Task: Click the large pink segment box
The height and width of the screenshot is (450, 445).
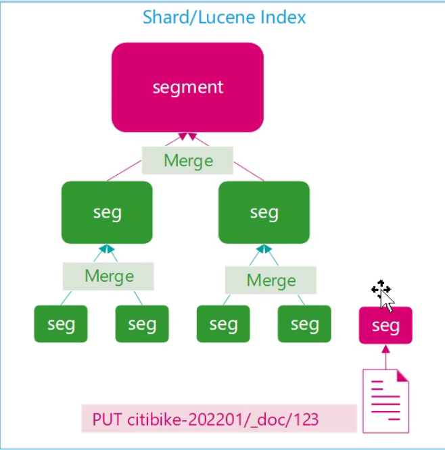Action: pos(187,87)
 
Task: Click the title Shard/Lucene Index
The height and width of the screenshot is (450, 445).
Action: pos(224,17)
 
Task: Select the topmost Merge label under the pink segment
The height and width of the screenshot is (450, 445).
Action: pos(188,161)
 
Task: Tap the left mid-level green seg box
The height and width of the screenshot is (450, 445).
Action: pos(107,212)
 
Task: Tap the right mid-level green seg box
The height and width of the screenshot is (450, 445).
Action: pos(264,212)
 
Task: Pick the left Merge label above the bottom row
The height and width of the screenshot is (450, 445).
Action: pos(108,276)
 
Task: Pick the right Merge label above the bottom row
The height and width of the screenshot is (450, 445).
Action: pos(271,280)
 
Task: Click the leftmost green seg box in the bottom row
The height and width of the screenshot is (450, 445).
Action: pos(61,324)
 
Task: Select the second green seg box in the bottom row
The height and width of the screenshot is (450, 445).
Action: pos(142,324)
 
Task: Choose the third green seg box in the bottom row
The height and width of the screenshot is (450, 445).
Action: pos(223,324)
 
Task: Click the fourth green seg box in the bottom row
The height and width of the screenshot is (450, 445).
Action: pos(304,324)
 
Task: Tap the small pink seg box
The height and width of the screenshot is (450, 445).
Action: pos(385,326)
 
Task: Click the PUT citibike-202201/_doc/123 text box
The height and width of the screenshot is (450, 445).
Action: pos(219,419)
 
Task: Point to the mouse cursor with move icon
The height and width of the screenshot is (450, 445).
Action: pos(383,294)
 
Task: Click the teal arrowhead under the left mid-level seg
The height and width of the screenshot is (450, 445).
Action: pos(107,249)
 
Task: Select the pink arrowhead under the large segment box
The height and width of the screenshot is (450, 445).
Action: pos(187,137)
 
